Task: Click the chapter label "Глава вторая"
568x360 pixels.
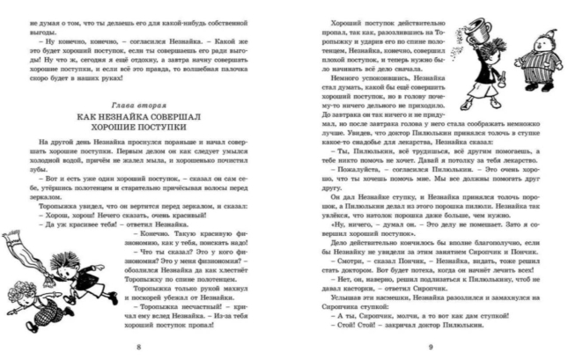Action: pyautogui.click(x=140, y=105)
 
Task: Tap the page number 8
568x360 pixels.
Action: pyautogui.click(x=140, y=347)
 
